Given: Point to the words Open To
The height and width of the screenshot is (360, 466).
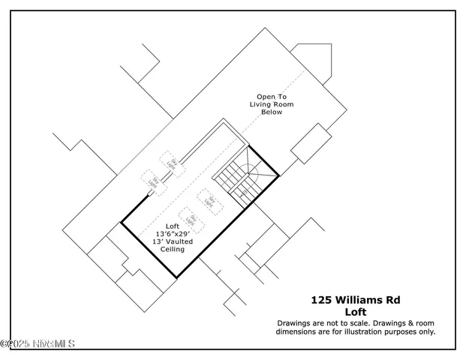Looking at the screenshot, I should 271,96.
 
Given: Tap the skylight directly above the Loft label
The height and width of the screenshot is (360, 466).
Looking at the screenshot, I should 191,220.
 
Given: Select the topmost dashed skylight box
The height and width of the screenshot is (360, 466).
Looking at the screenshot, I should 172,162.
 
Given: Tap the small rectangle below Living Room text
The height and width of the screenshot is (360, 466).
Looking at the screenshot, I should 311,144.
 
